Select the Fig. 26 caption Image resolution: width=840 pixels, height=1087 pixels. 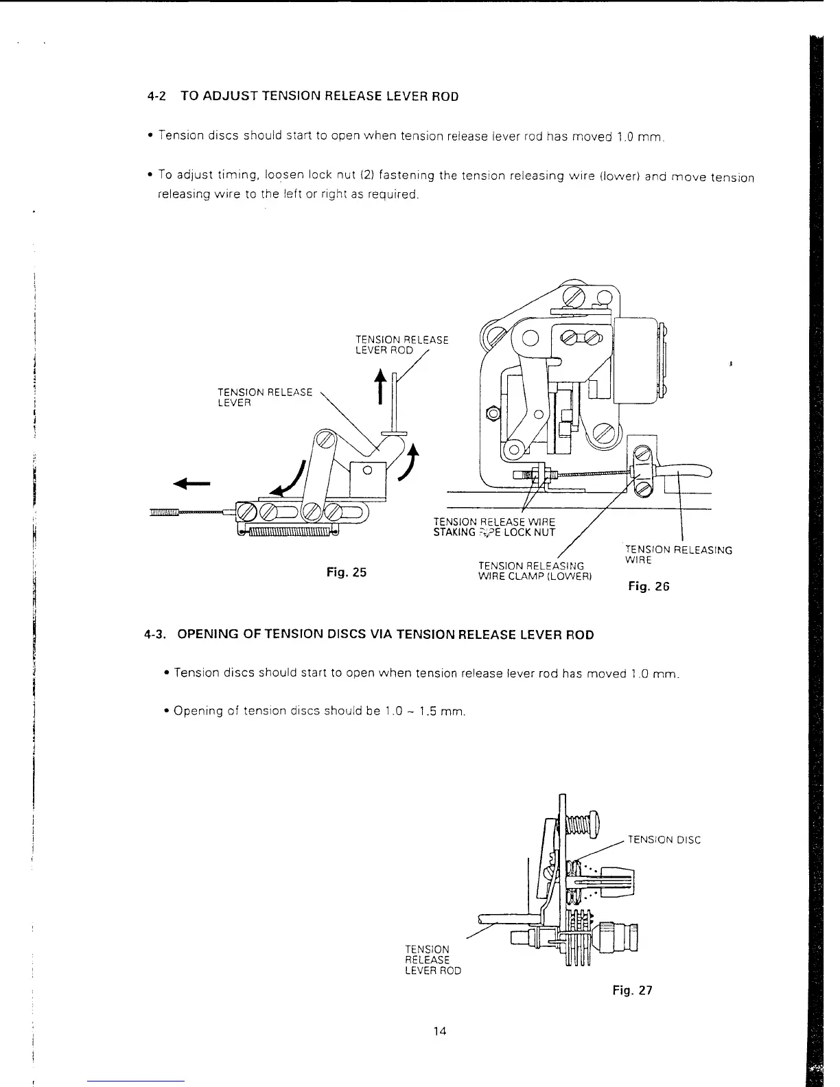pyautogui.click(x=648, y=586)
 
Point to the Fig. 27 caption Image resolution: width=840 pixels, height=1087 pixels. pyautogui.click(x=632, y=990)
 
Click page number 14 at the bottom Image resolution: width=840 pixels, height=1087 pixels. pyautogui.click(x=441, y=1030)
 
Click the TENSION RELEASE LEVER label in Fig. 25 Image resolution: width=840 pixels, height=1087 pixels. pyautogui.click(x=264, y=397)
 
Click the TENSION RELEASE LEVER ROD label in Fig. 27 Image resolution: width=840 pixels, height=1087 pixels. pyautogui.click(x=433, y=959)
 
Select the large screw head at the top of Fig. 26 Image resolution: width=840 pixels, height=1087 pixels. pyautogui.click(x=574, y=298)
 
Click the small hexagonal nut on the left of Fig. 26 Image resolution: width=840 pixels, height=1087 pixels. pyautogui.click(x=491, y=414)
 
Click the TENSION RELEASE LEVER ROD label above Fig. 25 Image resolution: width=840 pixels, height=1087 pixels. pyautogui.click(x=401, y=344)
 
